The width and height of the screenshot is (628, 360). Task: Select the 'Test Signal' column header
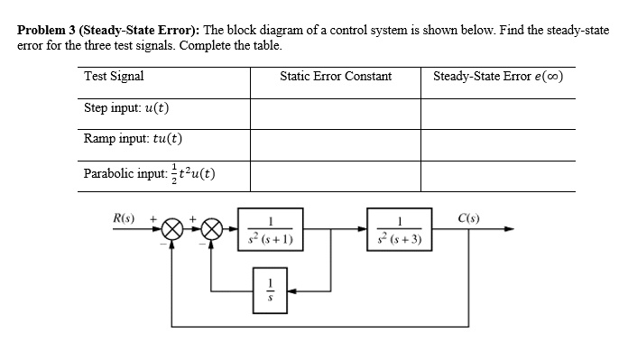tap(114, 77)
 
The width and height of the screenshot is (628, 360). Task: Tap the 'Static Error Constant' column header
tap(336, 77)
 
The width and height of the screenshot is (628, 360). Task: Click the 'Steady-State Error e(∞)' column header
tap(498, 77)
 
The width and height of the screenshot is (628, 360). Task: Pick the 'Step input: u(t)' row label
tap(127, 109)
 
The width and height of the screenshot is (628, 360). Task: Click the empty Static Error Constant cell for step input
tap(336, 112)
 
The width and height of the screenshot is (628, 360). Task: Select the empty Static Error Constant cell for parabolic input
tap(336, 174)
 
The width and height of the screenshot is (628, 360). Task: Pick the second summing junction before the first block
tap(212, 230)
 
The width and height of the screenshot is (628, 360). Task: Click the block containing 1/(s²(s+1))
tap(270, 231)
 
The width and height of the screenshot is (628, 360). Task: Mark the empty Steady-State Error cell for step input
tap(498, 112)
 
